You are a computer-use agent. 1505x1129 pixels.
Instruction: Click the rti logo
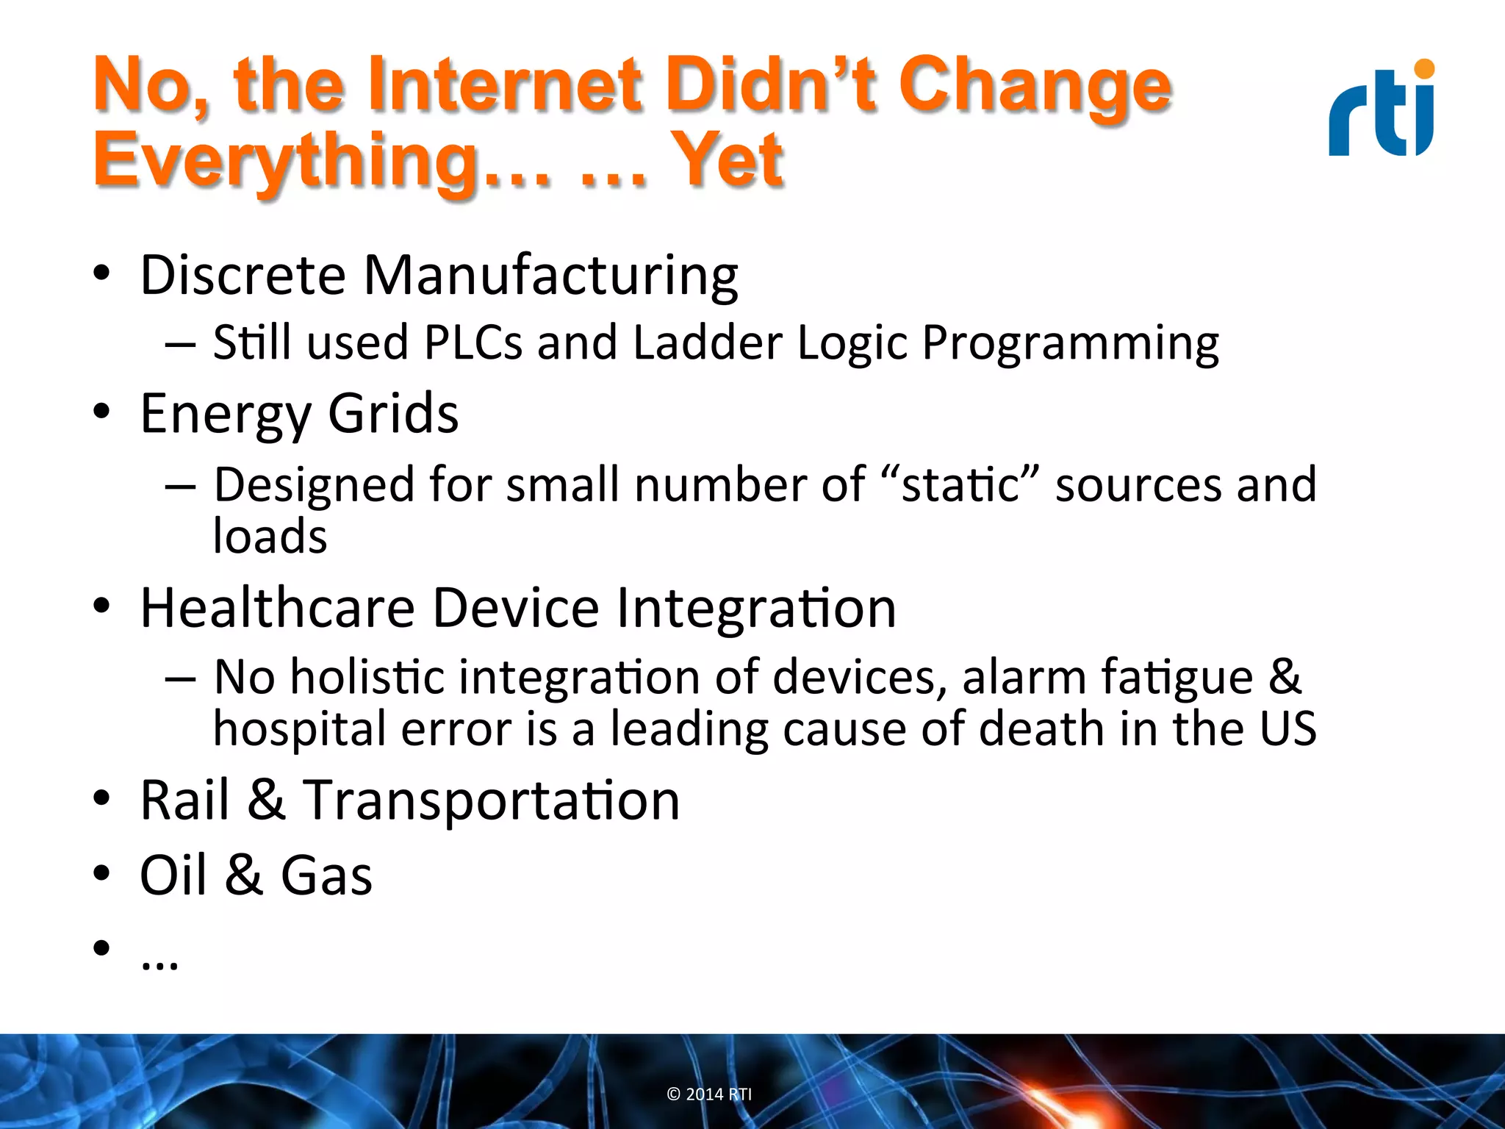1382,110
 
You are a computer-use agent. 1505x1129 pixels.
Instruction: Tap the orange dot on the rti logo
1424,69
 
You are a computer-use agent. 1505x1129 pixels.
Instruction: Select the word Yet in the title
728,160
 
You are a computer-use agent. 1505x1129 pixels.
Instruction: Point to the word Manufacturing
550,275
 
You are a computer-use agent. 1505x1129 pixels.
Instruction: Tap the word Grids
393,414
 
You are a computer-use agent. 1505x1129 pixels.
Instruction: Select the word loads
270,536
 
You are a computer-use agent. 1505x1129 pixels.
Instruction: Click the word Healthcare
278,609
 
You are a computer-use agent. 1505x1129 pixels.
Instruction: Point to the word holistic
367,677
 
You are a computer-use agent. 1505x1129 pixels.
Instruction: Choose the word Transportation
492,800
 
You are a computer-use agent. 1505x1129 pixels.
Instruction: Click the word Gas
326,875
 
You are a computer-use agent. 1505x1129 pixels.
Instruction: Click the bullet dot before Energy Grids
101,412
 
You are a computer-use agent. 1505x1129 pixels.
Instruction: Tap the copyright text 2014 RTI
709,1094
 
